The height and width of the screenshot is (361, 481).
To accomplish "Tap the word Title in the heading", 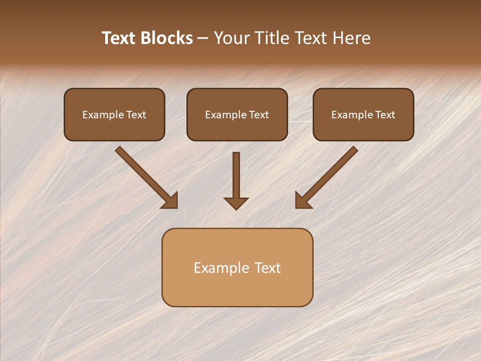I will click(x=271, y=38).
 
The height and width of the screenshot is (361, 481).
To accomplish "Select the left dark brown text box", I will click(x=114, y=114).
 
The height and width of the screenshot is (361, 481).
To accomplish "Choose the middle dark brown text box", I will click(x=237, y=114).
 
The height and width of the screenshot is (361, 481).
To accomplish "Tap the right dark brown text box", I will click(x=363, y=114).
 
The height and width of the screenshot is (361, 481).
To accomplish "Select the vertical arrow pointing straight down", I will click(x=236, y=178).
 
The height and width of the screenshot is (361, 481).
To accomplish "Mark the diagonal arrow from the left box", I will click(x=145, y=176).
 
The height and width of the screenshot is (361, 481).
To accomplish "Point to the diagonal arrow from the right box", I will click(x=327, y=176).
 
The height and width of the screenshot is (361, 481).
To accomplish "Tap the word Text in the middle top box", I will click(x=259, y=115).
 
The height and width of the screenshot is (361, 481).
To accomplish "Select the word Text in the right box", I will click(x=385, y=115).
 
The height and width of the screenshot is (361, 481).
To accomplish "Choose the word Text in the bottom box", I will click(x=268, y=268).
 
